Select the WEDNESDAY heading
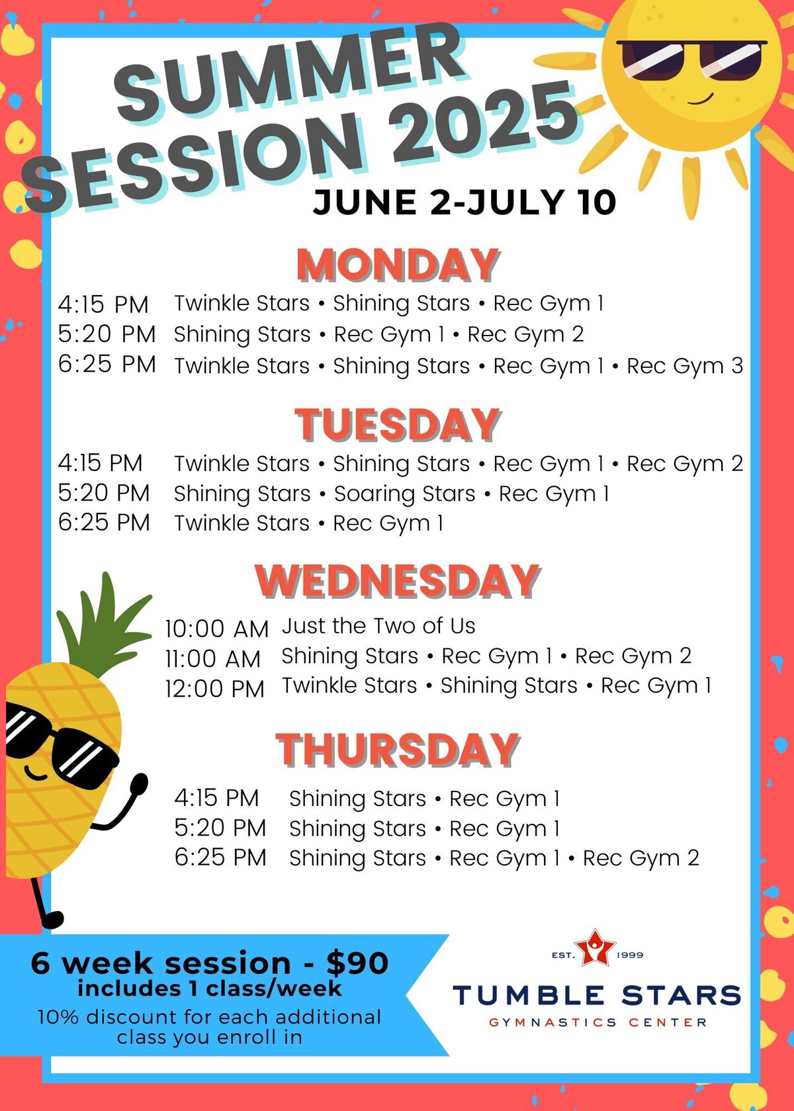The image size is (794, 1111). (x=398, y=581)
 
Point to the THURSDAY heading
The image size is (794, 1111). (x=398, y=750)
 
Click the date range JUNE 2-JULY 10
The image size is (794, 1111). (x=464, y=202)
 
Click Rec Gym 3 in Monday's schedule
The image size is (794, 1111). (x=685, y=366)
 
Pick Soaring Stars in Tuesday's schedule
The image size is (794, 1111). (x=405, y=494)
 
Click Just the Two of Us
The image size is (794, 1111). (x=378, y=626)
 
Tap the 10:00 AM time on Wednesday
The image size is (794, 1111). (x=217, y=629)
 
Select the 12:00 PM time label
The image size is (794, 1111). (x=215, y=689)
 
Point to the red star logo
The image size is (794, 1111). (x=595, y=948)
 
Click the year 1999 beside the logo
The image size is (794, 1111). (x=630, y=955)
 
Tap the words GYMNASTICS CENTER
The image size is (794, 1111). (x=597, y=1022)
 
